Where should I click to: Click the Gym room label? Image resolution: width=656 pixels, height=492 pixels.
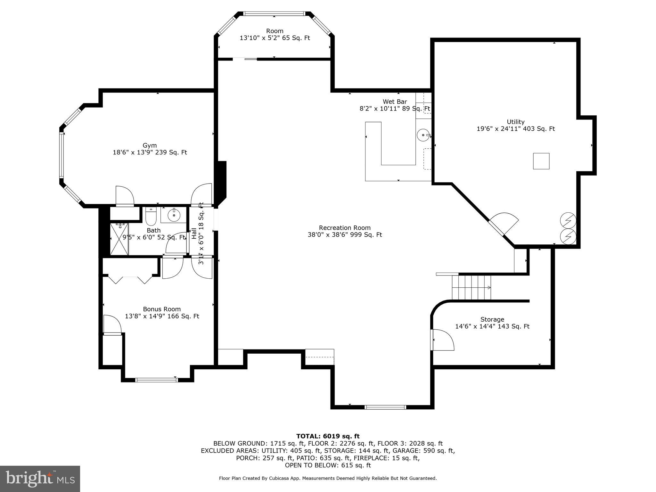pos(150,146)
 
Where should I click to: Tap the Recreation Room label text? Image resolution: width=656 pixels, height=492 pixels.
pos(344,228)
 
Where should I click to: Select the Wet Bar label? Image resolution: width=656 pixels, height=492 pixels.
pos(395,102)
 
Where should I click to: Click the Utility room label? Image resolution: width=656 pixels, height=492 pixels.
pos(515,122)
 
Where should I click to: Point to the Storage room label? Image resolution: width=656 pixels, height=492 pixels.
pos(492,320)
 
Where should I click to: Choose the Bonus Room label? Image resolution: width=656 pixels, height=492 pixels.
pos(162,309)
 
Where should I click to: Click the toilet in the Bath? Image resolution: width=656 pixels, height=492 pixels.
pos(151,217)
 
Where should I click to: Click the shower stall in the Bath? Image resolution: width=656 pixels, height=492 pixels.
pos(119,239)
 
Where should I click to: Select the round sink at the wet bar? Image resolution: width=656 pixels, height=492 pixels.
pos(423,135)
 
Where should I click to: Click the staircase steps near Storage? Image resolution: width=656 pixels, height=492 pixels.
pos(471,287)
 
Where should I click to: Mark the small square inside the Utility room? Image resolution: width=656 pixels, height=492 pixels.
pos(541,161)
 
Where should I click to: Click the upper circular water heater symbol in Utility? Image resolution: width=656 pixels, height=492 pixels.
pos(568,221)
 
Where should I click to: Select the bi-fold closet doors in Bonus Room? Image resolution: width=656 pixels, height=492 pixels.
pos(130,280)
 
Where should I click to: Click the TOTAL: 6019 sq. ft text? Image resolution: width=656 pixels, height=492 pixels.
pos(328,436)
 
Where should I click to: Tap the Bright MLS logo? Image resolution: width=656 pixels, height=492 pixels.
pos(40,479)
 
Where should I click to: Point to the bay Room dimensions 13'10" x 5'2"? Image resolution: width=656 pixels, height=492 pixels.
pos(275,38)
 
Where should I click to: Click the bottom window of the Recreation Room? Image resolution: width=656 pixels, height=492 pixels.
pos(385,407)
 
